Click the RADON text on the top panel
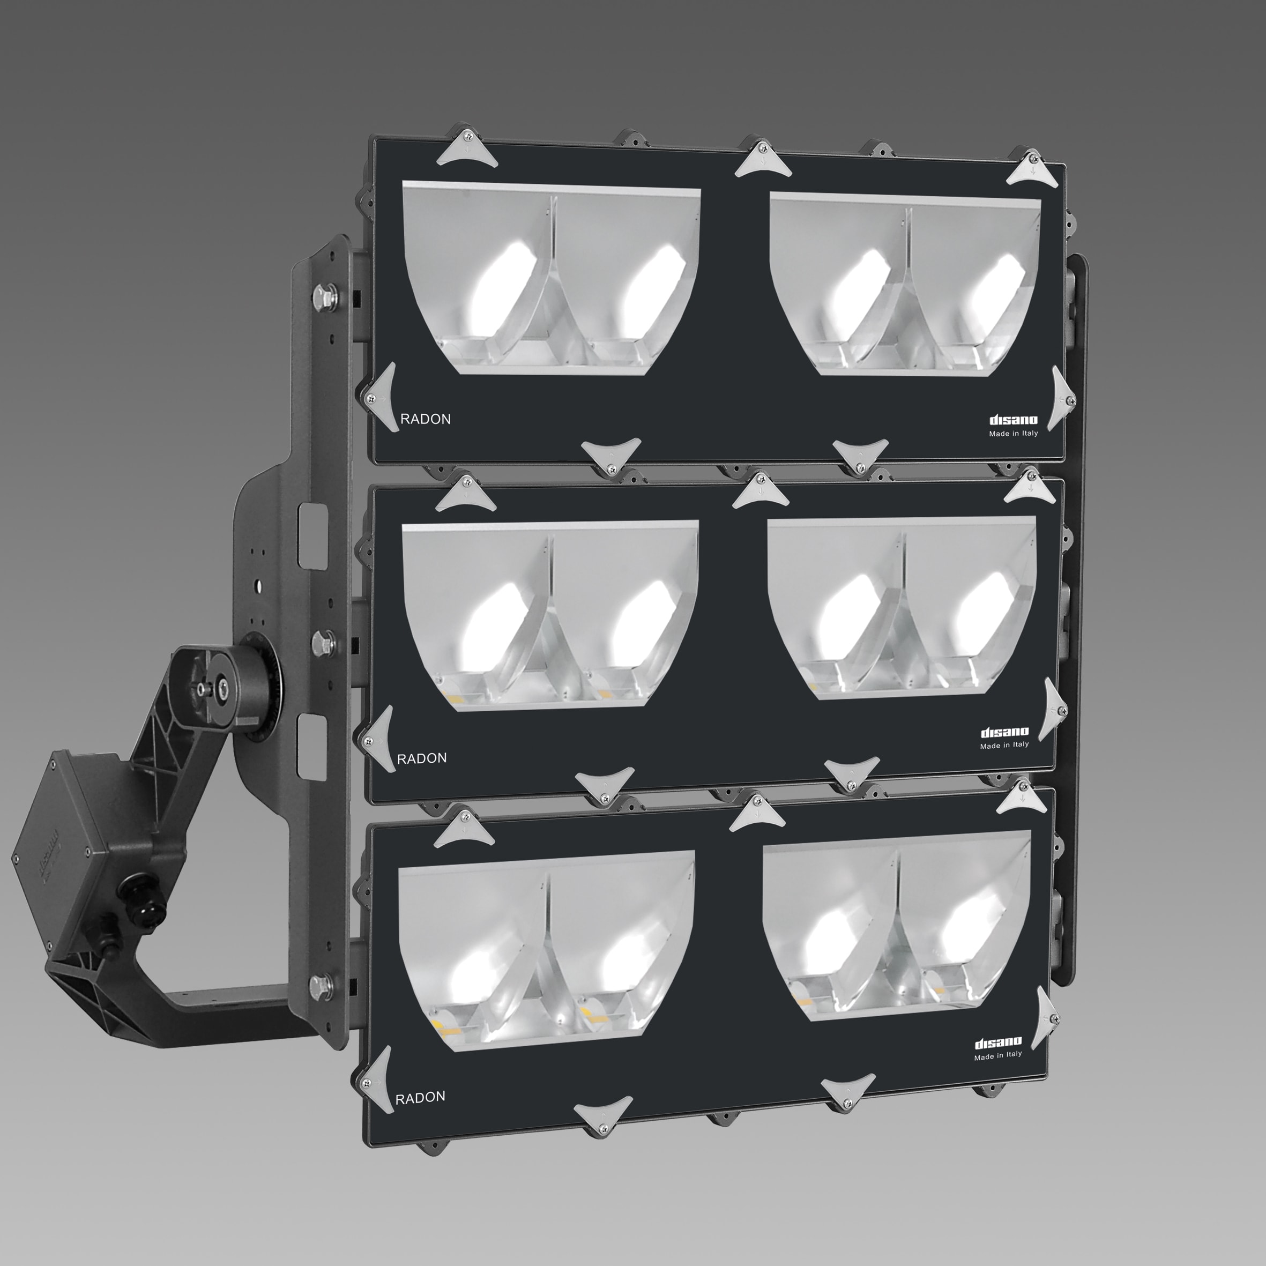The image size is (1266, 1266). pos(425,419)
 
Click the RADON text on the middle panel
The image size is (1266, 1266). pos(422,758)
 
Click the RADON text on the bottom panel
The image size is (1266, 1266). pos(420,1098)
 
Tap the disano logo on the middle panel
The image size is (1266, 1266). pos(1004,733)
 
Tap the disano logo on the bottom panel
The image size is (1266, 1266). pos(998,1042)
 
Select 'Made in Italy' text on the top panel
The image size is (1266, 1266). pos(1013,434)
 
